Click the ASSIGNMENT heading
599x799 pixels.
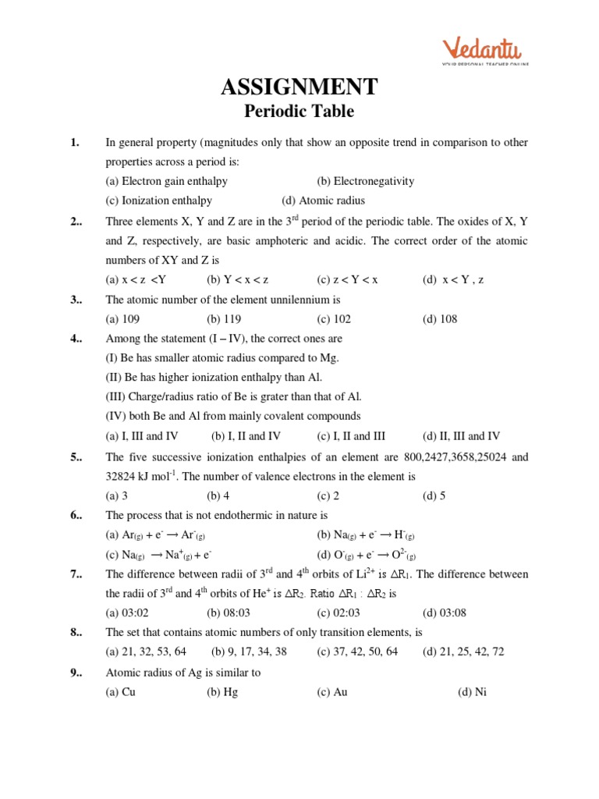tap(299, 86)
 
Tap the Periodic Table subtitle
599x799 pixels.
tap(299, 112)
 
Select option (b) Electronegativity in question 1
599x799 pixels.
tap(365, 181)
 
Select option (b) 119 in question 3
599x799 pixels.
tap(224, 319)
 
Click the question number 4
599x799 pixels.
tap(76, 339)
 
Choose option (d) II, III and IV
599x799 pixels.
tap(461, 436)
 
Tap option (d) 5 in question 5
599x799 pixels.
tap(434, 495)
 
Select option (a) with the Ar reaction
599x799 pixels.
tap(155, 535)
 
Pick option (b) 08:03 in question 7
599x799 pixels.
tap(225, 613)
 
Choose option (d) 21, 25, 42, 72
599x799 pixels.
tap(463, 652)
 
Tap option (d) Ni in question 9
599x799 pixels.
tap(471, 691)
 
